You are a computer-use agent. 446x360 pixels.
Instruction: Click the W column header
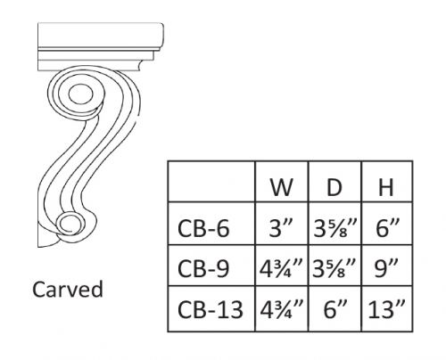click(x=283, y=189)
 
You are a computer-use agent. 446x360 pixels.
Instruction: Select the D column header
click(x=335, y=189)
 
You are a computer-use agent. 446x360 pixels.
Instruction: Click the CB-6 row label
click(x=205, y=229)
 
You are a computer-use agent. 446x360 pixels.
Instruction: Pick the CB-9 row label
click(x=205, y=270)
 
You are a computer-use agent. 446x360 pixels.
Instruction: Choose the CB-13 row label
click(x=211, y=311)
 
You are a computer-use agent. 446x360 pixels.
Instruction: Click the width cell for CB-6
click(x=283, y=229)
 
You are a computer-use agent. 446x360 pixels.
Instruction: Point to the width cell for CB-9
click(x=283, y=270)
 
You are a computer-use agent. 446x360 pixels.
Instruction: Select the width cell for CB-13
click(x=283, y=311)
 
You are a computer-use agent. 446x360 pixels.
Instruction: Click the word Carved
click(x=68, y=290)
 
